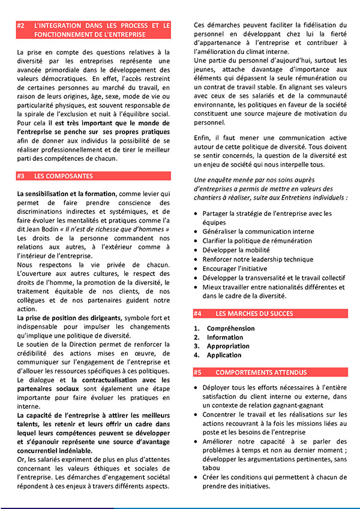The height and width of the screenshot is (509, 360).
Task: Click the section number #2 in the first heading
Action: [21, 26]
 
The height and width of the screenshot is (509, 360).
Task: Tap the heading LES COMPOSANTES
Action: [64, 176]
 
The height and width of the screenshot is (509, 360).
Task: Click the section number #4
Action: [198, 314]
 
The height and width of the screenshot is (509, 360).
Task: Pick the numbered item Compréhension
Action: [230, 329]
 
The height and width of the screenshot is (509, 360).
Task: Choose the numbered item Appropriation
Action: [229, 346]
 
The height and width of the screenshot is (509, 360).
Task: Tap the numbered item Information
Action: [225, 338]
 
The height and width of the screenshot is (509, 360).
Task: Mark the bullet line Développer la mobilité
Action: [236, 250]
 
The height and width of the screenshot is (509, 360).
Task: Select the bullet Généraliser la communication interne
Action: [258, 231]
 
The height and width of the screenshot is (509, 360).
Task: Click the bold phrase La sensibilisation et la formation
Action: [67, 194]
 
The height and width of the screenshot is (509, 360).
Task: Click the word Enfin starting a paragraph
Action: [202, 138]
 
